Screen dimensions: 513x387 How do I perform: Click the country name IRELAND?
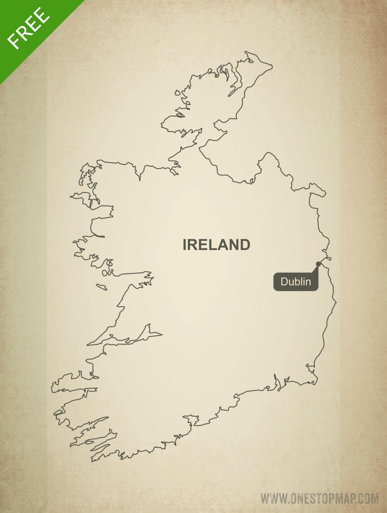point(217,245)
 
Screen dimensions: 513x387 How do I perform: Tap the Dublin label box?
point(296,282)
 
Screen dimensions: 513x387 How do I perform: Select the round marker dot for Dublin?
point(318,264)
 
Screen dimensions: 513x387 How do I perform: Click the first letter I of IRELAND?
point(185,245)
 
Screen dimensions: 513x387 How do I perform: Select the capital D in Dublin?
point(284,282)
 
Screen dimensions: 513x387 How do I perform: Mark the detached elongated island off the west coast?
point(102,287)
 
